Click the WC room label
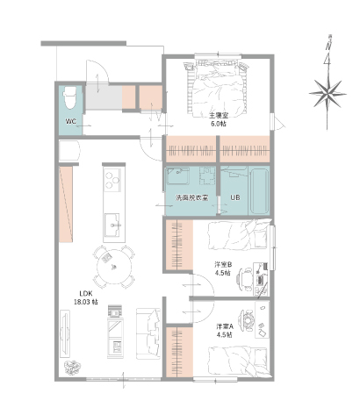(71, 121)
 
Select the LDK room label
(86, 293)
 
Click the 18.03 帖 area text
(86, 302)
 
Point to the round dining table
(114, 267)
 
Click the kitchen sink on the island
(112, 225)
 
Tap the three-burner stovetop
(112, 180)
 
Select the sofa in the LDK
(148, 333)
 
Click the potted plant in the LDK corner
(72, 368)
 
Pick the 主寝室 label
(219, 116)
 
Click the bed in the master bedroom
(218, 87)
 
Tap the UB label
(235, 197)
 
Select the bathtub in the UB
(259, 191)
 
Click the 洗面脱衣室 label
(192, 197)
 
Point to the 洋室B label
(223, 265)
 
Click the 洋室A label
(225, 326)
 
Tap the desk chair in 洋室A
(248, 320)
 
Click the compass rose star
(328, 94)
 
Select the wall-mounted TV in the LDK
(65, 333)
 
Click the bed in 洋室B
(238, 235)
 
